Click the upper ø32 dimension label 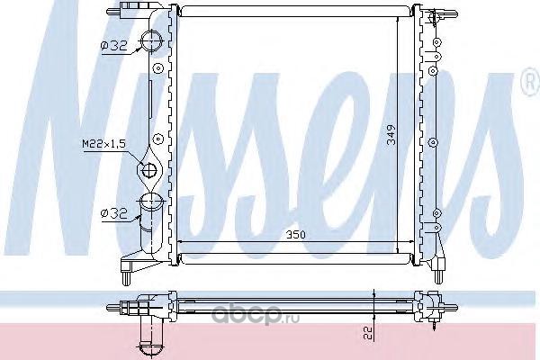(114, 46)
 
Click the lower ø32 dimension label (114, 213)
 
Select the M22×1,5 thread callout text (103, 143)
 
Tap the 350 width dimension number (295, 235)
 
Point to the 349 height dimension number (391, 135)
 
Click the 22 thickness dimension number (369, 333)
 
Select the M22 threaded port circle (149, 168)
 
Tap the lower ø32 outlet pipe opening (152, 200)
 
